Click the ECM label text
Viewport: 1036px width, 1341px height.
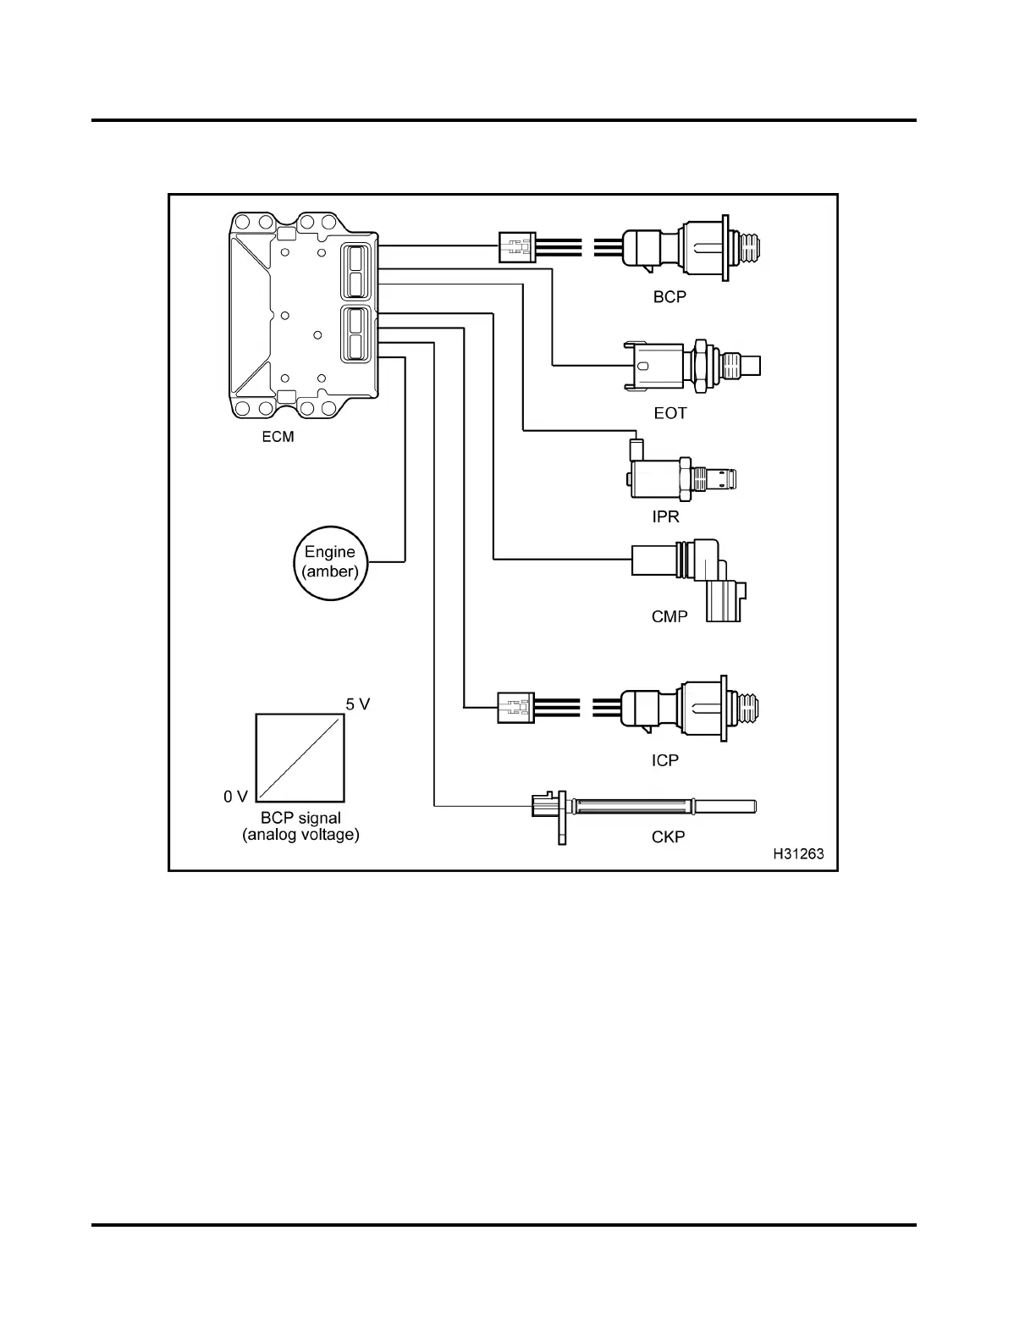click(x=278, y=438)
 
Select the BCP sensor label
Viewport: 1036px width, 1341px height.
click(x=670, y=297)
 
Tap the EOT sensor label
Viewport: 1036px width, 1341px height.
click(x=670, y=413)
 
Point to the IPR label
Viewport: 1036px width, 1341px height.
click(x=666, y=516)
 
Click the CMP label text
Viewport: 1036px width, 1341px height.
click(x=670, y=616)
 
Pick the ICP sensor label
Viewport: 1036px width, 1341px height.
click(x=665, y=760)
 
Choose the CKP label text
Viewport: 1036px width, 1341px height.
click(x=669, y=836)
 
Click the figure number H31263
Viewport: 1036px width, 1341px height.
click(x=798, y=854)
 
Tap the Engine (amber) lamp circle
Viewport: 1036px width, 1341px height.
click(x=330, y=561)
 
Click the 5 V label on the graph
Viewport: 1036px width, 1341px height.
click(x=358, y=704)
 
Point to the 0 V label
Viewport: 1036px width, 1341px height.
click(x=235, y=797)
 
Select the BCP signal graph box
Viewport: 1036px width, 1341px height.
click(x=300, y=757)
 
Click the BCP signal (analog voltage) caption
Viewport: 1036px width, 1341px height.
click(x=300, y=826)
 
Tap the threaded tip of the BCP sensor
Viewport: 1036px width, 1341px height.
click(x=752, y=247)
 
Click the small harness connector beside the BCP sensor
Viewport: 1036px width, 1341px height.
click(x=517, y=247)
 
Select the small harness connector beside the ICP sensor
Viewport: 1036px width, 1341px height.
click(x=515, y=707)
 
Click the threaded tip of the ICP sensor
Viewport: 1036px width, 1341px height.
click(x=752, y=707)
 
